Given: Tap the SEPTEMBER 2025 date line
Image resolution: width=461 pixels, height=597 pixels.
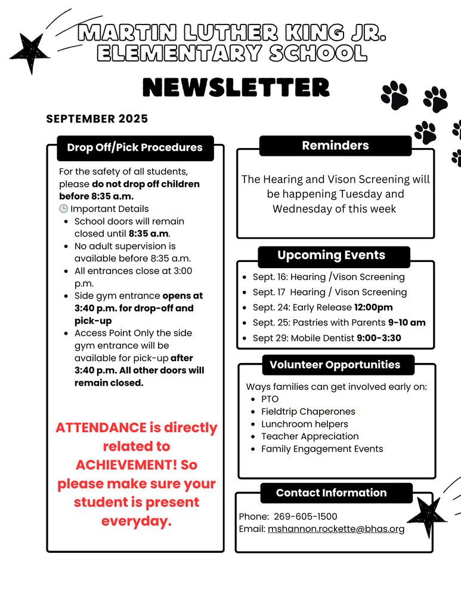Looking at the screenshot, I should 97,119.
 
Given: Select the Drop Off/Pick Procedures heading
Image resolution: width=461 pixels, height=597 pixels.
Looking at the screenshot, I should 135,147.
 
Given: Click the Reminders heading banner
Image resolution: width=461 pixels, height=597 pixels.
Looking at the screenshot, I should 335,146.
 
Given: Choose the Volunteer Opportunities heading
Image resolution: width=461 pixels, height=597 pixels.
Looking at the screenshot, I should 335,364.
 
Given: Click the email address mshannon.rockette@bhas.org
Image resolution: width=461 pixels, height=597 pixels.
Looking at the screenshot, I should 336,529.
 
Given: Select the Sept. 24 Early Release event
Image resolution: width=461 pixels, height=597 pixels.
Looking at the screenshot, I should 323,307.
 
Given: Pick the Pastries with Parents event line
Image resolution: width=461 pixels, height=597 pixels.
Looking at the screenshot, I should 339,322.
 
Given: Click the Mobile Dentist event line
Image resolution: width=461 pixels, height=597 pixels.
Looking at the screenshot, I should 327,338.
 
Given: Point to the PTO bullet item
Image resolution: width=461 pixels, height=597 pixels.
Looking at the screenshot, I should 270,399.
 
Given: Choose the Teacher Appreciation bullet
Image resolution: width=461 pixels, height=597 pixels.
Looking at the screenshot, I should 310,436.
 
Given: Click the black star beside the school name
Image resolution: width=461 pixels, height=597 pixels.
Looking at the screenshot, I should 29,53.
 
